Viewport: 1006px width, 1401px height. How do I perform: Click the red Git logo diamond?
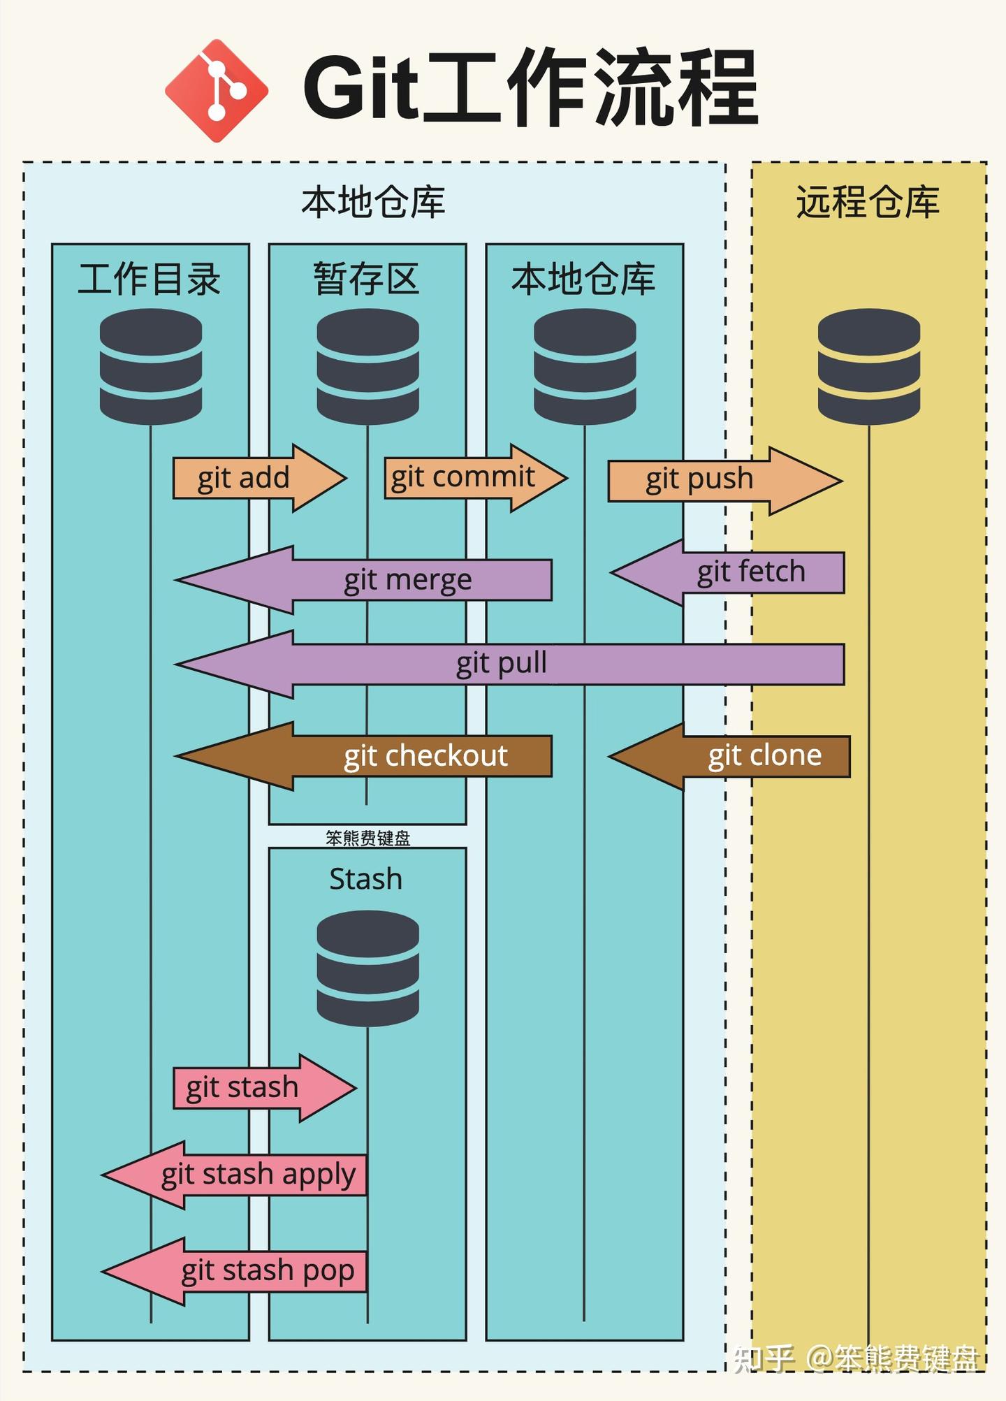(x=217, y=91)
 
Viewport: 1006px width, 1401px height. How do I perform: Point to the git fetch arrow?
(x=741, y=572)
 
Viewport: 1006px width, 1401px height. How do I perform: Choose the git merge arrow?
(x=391, y=580)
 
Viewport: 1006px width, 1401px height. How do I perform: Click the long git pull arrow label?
(x=502, y=663)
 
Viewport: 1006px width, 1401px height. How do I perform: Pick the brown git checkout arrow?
(x=391, y=756)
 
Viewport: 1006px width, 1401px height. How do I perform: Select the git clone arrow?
(x=748, y=756)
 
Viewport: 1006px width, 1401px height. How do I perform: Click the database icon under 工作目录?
(x=151, y=366)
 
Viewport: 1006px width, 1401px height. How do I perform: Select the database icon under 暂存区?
(x=367, y=366)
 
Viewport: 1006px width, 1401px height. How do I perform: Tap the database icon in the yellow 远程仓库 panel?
(x=868, y=366)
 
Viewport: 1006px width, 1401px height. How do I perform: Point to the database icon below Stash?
(x=367, y=968)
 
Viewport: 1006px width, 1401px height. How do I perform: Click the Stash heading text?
(x=365, y=879)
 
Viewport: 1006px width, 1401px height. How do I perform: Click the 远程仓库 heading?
(x=868, y=203)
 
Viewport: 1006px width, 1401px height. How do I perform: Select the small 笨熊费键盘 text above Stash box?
(x=367, y=838)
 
